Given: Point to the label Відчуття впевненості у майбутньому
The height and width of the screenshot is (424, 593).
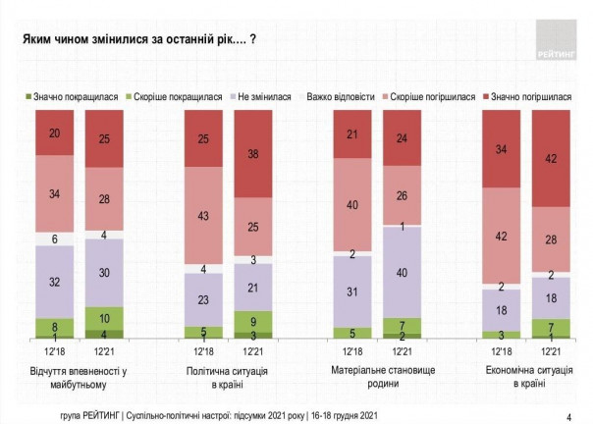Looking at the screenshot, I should (x=81, y=376).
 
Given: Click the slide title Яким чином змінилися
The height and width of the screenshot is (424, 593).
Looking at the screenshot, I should (x=133, y=40).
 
